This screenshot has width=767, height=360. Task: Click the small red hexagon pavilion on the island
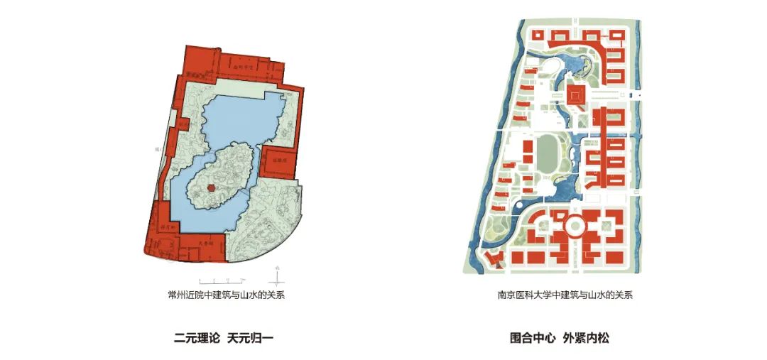click(211, 187)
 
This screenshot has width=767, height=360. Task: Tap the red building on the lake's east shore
click(279, 162)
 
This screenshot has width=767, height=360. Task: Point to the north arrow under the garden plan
click(278, 273)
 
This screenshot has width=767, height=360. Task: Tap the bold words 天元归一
click(250, 339)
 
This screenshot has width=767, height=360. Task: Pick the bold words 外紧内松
click(586, 339)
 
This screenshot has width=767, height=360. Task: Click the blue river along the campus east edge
click(638, 142)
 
